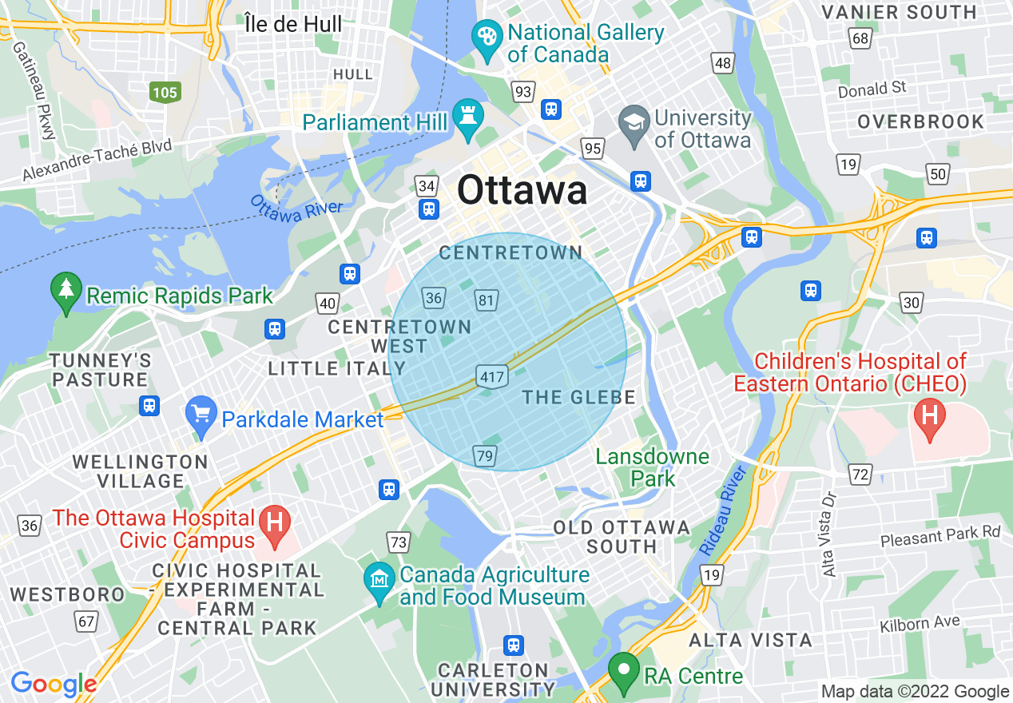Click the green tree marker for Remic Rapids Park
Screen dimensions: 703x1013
66,290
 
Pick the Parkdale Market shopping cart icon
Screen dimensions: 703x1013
201,414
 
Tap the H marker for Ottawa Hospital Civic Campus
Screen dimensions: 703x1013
275,524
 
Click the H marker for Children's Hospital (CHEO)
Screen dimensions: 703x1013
929,416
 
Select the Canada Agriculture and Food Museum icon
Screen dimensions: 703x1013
379,579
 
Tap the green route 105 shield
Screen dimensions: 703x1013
165,93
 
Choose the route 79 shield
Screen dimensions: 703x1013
485,455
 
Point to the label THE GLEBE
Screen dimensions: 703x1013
578,397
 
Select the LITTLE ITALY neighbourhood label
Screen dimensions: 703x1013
336,368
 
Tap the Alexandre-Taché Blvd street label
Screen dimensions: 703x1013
97,161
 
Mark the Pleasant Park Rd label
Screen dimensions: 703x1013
940,536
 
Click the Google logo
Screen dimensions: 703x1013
53,684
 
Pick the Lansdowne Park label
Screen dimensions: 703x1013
652,467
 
